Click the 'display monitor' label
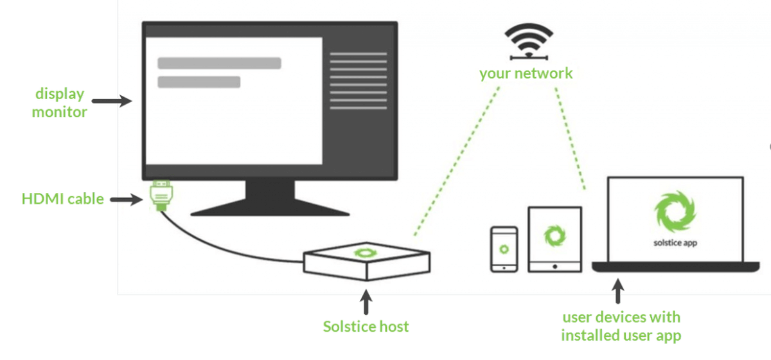[x=60, y=103]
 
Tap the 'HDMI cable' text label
[x=62, y=199]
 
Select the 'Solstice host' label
[x=366, y=326]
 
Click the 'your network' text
[x=526, y=73]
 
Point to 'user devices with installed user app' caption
[x=621, y=326]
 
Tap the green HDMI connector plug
[x=159, y=196]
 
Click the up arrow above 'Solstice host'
[x=366, y=303]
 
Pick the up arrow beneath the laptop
[x=619, y=291]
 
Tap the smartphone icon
[x=504, y=249]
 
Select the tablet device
[x=554, y=239]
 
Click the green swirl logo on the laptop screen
[x=675, y=213]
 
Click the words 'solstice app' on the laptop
[x=675, y=242]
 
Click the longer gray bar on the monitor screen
[x=219, y=63]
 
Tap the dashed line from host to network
[x=457, y=161]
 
